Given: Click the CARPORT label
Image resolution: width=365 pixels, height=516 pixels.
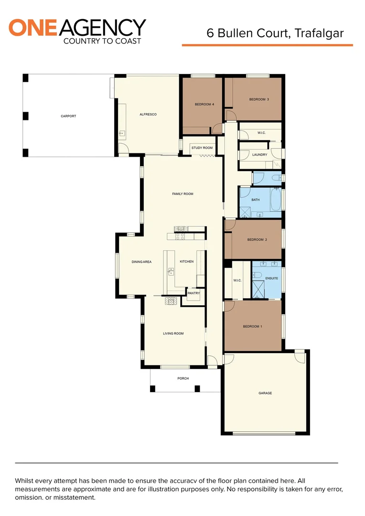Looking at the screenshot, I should click(68, 116).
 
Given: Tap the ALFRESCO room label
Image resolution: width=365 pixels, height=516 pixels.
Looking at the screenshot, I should click(148, 115).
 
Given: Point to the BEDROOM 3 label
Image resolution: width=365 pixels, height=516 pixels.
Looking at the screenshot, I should click(259, 99).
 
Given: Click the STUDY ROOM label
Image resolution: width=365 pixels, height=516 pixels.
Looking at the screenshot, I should click(202, 148).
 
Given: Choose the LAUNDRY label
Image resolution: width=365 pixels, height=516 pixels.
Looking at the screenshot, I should click(259, 155).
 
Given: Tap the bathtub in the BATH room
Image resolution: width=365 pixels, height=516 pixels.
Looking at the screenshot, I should click(276, 200).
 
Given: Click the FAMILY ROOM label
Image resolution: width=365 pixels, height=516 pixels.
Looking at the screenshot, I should click(182, 194).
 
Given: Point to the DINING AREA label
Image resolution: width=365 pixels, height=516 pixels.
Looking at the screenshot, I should click(141, 262).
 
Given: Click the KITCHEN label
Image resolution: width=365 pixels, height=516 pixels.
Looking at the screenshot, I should click(186, 262).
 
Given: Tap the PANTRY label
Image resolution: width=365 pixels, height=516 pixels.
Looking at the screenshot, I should click(193, 293).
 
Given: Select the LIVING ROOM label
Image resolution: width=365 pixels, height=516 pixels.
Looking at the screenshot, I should click(173, 333).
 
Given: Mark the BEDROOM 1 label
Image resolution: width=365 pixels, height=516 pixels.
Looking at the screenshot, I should click(252, 326).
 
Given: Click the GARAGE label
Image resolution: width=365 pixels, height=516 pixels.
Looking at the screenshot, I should click(265, 393).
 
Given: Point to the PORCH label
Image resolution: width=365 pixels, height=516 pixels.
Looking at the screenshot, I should click(183, 378).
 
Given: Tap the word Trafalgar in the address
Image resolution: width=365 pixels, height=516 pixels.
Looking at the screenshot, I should click(319, 33).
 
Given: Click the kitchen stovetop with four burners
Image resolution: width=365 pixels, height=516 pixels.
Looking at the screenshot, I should click(181, 236).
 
